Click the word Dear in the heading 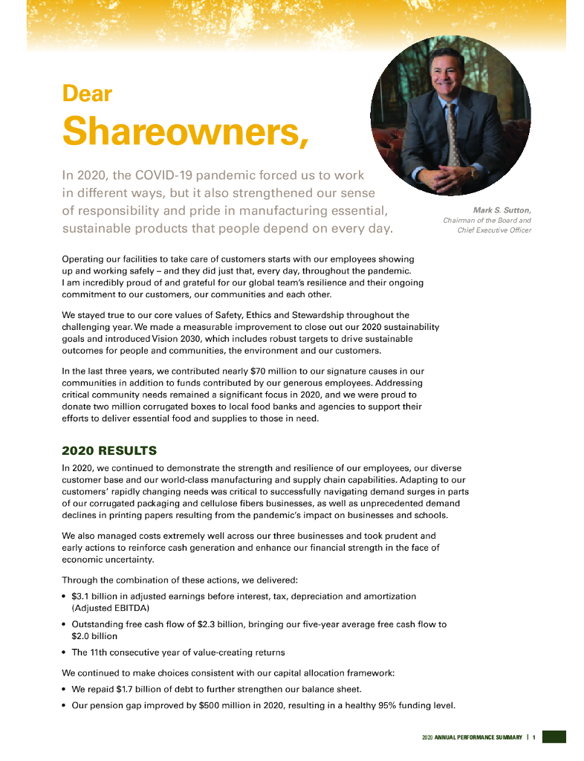(x=87, y=94)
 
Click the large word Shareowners (x=185, y=132)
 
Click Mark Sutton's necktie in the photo (x=452, y=134)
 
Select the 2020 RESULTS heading (x=109, y=450)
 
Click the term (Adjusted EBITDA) (x=111, y=608)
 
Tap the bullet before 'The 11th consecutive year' (x=65, y=653)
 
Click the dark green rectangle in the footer (x=554, y=736)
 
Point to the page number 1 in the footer (x=533, y=736)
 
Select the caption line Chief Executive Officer (x=494, y=230)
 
